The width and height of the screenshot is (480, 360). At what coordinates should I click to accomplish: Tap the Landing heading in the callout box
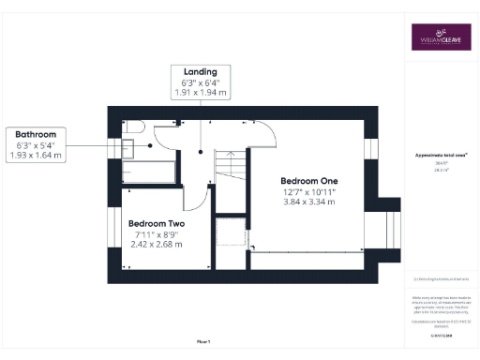point(200,71)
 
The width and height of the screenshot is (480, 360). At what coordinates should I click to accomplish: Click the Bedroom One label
point(308,180)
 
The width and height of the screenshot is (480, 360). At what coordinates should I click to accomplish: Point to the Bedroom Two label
point(156,223)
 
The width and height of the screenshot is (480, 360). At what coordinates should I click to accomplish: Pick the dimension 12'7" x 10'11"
point(308,192)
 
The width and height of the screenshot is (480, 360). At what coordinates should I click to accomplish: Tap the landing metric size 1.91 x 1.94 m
point(200,94)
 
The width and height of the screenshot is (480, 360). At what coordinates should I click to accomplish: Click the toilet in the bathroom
point(131,127)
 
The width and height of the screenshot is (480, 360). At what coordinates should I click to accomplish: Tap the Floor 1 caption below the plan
point(204,341)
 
